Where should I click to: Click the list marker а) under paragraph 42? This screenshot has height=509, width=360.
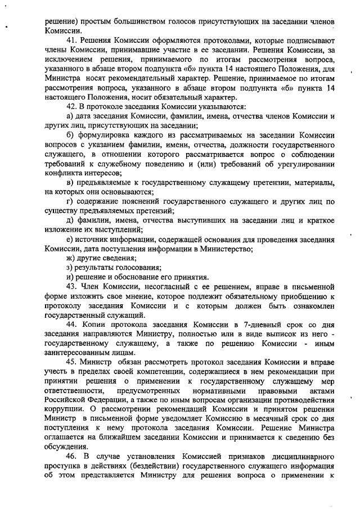70,116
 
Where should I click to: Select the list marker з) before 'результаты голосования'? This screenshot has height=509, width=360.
70,268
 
